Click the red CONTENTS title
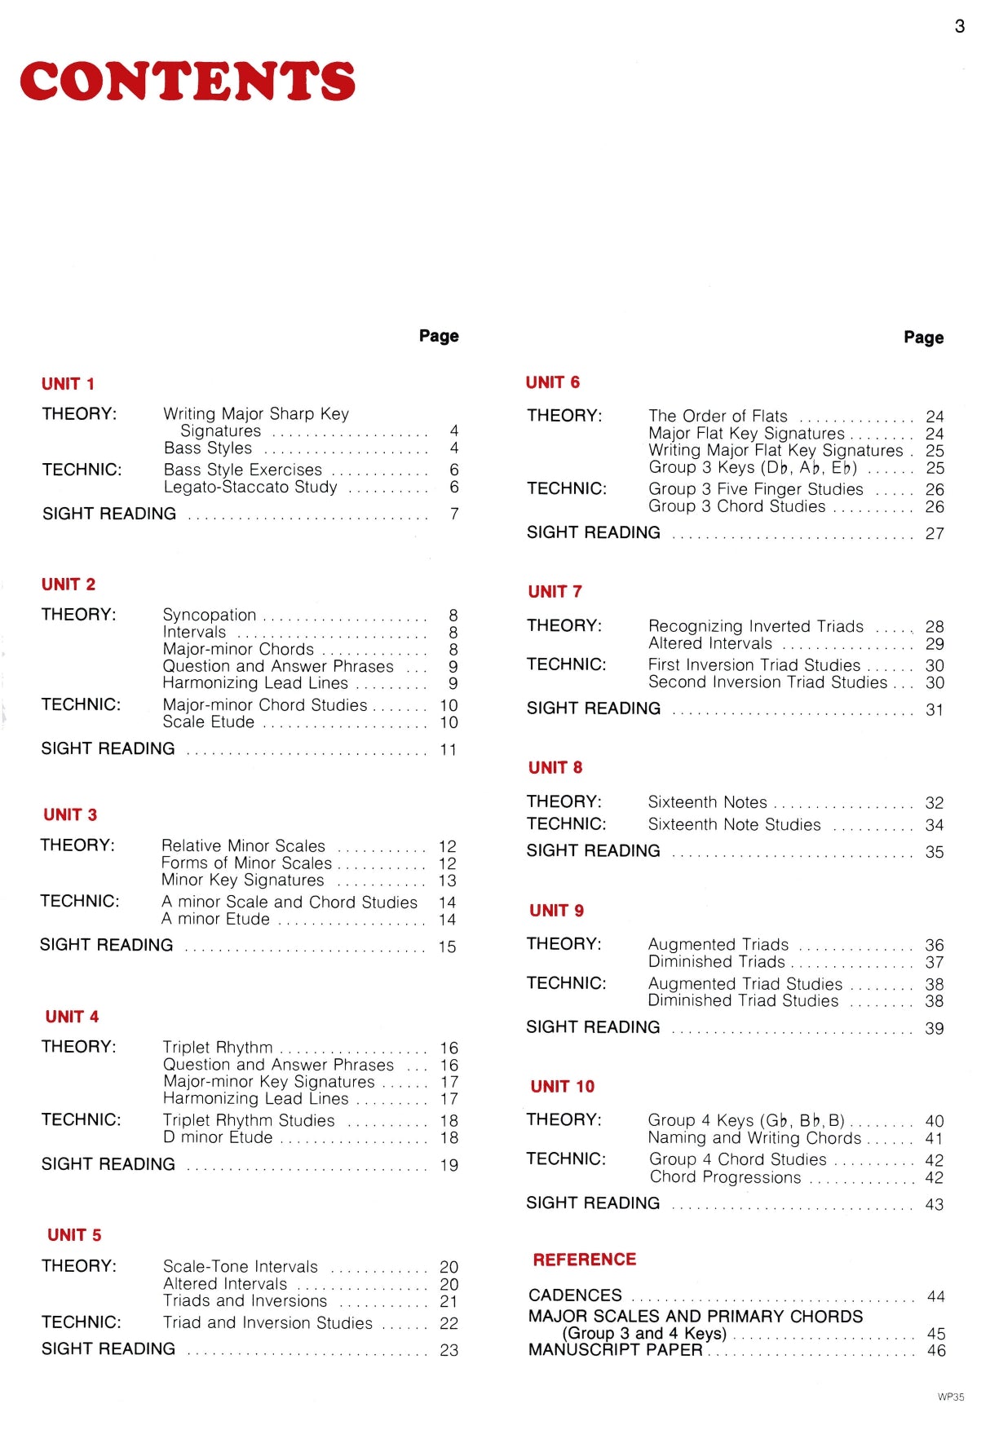tap(188, 82)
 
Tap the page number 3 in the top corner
tap(960, 26)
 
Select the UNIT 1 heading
tap(68, 384)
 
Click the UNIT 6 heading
tap(552, 382)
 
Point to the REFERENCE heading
tap(584, 1260)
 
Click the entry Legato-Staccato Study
tap(250, 488)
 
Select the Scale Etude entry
tap(208, 722)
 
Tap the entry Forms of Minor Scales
tap(246, 863)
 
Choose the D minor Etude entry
tap(218, 1137)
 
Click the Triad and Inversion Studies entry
tap(267, 1322)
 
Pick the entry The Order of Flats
tap(718, 416)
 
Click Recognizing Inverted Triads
tap(755, 626)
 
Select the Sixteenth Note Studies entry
tap(734, 824)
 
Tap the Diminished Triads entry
tap(716, 962)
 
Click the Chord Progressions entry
tap(725, 1177)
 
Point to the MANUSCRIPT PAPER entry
tap(615, 1350)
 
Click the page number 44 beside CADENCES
tap(935, 1296)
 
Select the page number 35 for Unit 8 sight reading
tap(935, 852)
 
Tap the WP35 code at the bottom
tap(950, 1397)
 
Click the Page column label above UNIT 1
tap(439, 336)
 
